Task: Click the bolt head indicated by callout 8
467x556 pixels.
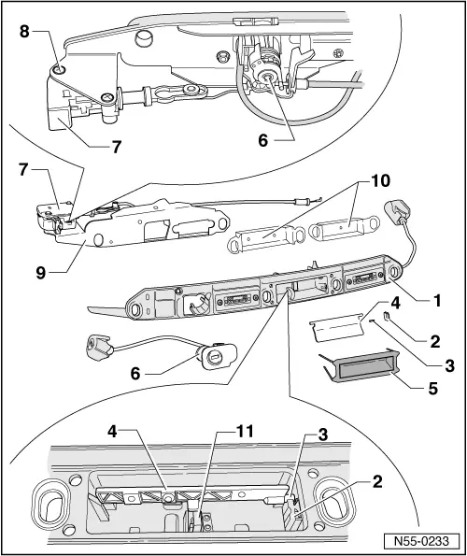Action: click(58, 69)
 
